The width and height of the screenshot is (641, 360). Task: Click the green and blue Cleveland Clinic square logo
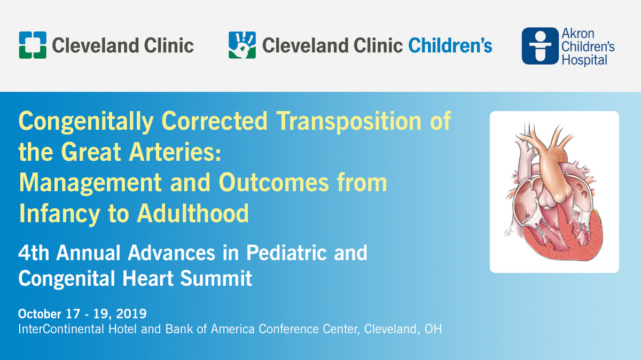pos(33,45)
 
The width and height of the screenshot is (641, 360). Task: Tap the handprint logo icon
pos(242,45)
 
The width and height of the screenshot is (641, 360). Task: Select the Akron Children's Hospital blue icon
pos(540,46)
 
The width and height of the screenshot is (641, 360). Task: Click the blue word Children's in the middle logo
pos(450,45)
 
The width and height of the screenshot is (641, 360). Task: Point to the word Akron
pos(578,34)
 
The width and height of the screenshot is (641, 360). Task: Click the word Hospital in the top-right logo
pos(584,60)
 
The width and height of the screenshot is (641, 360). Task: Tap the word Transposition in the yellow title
pos(349,122)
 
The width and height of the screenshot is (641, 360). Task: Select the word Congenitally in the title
pos(86,122)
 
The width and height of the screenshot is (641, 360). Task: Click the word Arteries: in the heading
pos(175,152)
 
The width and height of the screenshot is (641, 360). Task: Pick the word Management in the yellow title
pos(90,183)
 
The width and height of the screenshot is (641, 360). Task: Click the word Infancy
pos(59,214)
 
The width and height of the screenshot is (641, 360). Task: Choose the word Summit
pos(216,278)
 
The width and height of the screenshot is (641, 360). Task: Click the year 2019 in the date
pos(131,314)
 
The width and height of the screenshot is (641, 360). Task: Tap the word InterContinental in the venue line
pos(61,329)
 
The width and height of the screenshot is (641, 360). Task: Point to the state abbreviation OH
pos(433,329)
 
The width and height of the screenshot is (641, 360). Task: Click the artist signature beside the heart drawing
pos(509,232)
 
